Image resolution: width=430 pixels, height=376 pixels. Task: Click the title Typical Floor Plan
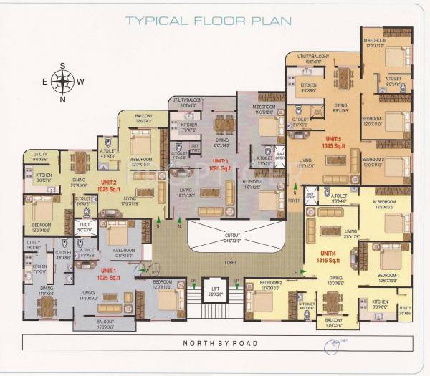pos(208,20)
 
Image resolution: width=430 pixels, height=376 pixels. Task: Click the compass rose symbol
pos(62,82)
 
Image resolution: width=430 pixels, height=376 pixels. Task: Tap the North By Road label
pos(219,343)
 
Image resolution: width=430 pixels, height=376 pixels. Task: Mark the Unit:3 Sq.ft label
pos(218,163)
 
